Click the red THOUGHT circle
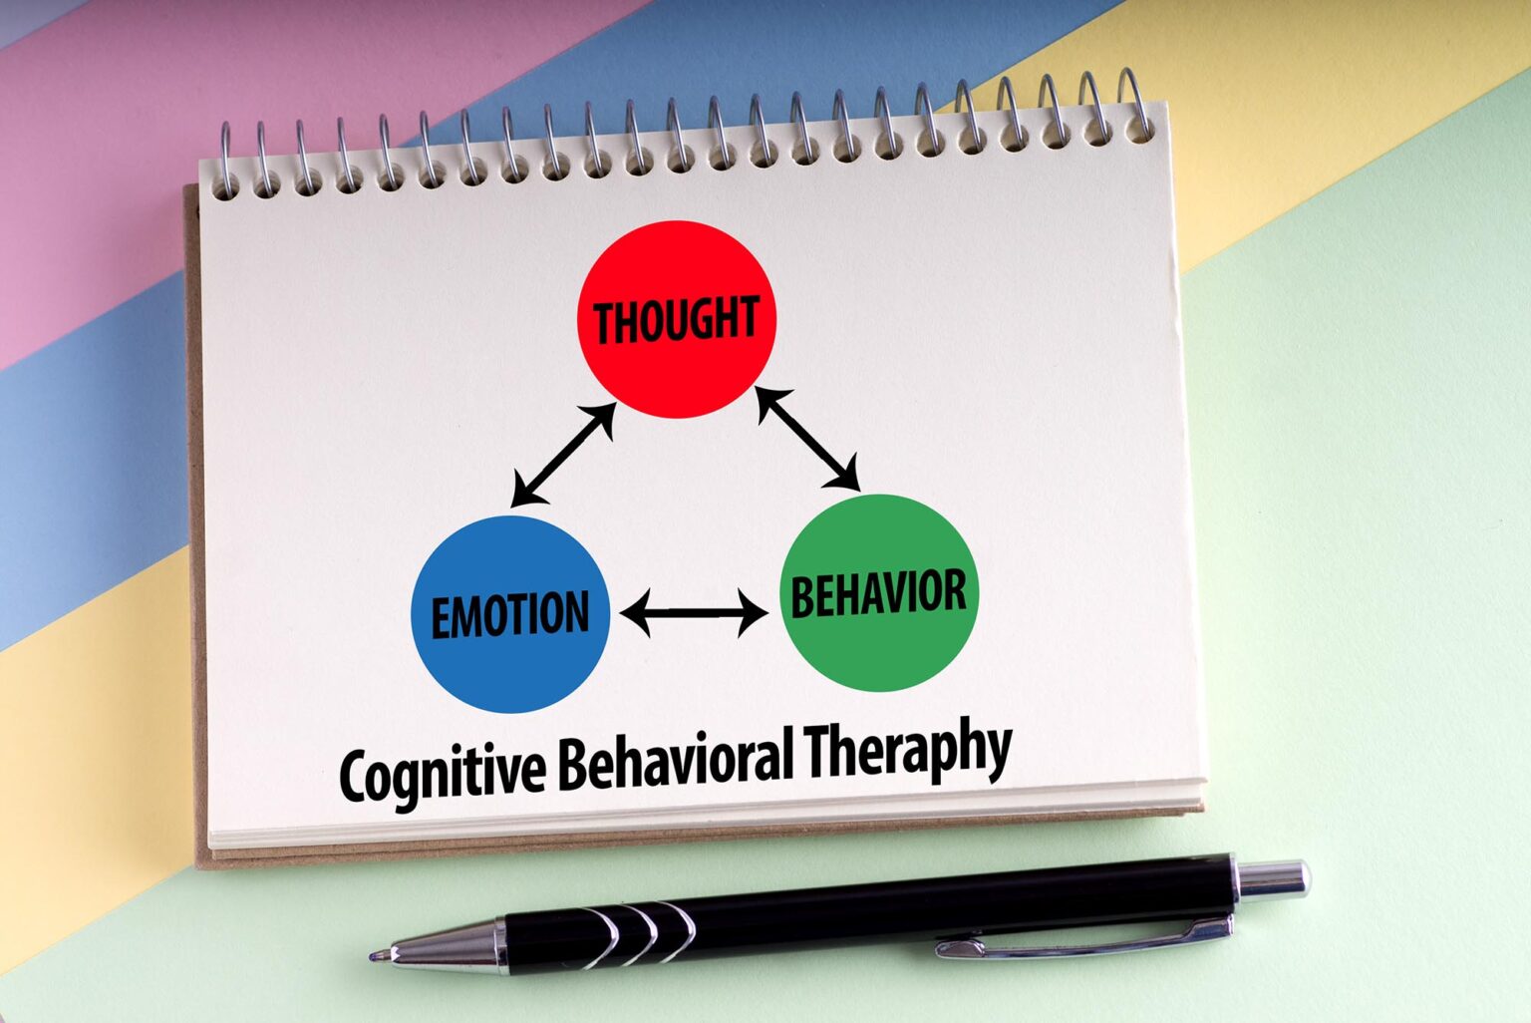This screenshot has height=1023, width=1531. coord(677,319)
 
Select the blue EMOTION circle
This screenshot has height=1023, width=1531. coord(510,614)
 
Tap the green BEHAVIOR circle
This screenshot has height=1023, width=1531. coord(879,592)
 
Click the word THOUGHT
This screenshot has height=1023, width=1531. coord(677,319)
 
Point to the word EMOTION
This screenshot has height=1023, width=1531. coord(510,615)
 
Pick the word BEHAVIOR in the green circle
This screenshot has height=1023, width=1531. coord(879,593)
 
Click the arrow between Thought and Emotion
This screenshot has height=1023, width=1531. coord(563,455)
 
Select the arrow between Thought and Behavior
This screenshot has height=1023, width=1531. coord(808,439)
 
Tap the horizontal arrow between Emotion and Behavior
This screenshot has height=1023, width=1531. coord(694,613)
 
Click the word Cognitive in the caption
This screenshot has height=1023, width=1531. coord(443,777)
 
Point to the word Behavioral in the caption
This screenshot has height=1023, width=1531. coord(675,761)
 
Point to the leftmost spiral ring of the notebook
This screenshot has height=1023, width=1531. coord(225,160)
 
